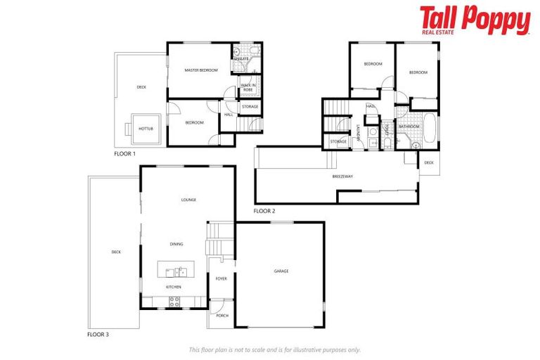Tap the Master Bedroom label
point(201,70)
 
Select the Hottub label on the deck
point(146,129)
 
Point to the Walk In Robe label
point(247,88)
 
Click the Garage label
point(281,271)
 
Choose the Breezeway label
point(343,176)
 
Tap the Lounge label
point(188,200)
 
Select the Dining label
point(176,244)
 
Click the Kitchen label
point(174,287)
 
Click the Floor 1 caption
point(124,153)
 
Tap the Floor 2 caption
point(264,210)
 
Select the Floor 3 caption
point(98,334)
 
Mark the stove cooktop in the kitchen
point(174,302)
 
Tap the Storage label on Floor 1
point(250,107)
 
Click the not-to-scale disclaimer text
point(275,349)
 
